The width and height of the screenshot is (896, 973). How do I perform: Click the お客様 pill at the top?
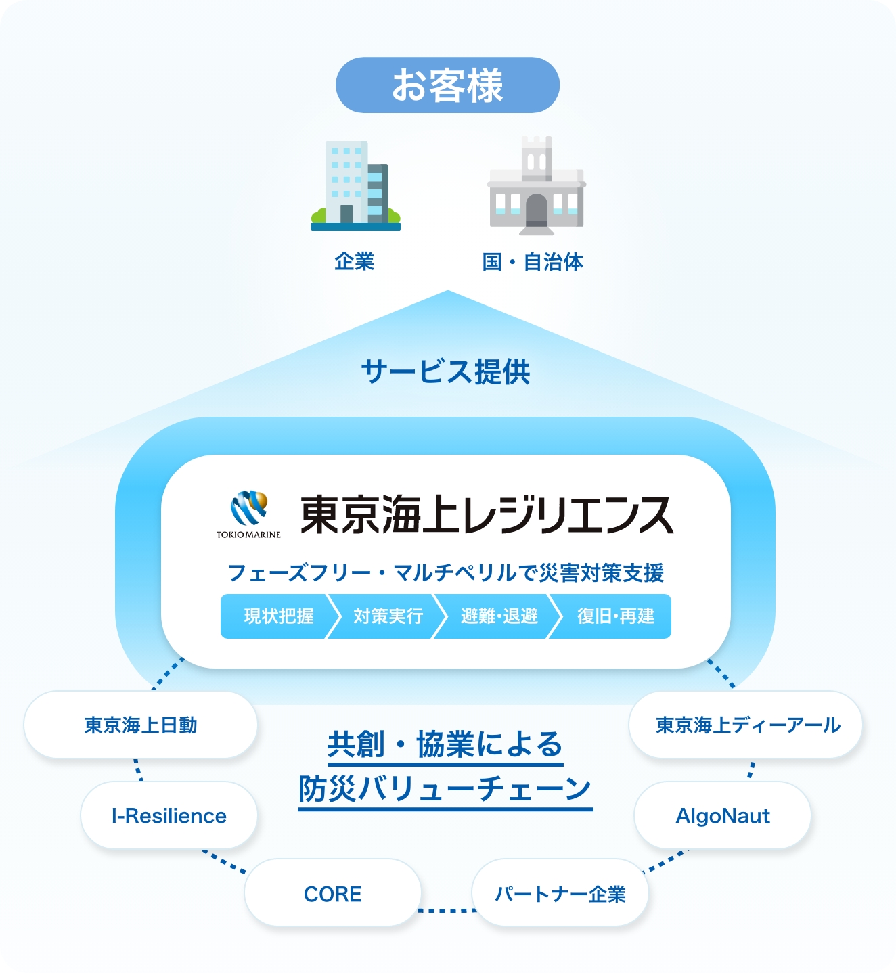(447, 85)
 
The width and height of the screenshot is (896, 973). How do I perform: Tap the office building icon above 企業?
(356, 185)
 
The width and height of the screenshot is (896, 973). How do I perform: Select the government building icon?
(537, 186)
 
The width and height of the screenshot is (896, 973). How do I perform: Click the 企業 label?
(354, 262)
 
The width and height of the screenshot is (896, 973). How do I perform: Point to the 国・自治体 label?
(533, 262)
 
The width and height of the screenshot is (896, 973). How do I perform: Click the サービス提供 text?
(446, 371)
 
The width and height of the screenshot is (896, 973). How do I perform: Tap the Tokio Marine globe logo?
(248, 510)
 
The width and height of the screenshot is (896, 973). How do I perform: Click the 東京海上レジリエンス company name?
(486, 515)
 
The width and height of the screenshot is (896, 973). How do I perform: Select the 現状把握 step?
(278, 616)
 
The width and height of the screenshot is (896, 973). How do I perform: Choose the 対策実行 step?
(388, 616)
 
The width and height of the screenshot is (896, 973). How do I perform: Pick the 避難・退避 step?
(499, 616)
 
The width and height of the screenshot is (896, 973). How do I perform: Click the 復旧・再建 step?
(615, 616)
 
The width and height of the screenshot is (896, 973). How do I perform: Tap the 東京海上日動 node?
(141, 725)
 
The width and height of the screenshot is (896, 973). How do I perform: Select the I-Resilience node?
(169, 816)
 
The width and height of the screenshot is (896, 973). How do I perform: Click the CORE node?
(333, 894)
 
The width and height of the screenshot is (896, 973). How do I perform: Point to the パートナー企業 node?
(560, 894)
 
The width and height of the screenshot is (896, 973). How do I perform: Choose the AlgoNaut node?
(723, 816)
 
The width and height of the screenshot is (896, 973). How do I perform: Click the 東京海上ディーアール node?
(746, 725)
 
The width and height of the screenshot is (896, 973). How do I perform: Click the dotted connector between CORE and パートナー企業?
(447, 911)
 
